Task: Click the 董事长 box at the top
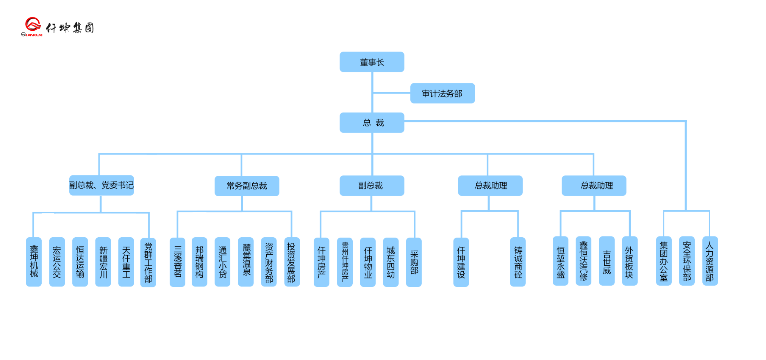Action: click(x=372, y=62)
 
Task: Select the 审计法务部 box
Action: click(x=442, y=93)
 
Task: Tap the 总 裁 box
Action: click(x=372, y=122)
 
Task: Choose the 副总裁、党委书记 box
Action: click(x=102, y=185)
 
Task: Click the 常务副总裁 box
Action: click(x=247, y=186)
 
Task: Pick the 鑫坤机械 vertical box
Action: click(x=34, y=261)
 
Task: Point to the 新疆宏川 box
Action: click(x=103, y=261)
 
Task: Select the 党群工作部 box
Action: click(x=148, y=262)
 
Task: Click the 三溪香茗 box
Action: click(x=177, y=262)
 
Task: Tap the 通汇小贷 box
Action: click(x=222, y=261)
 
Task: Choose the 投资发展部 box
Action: click(x=292, y=261)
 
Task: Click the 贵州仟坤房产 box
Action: click(x=345, y=262)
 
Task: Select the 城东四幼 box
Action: click(x=391, y=262)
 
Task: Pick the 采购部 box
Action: click(x=414, y=262)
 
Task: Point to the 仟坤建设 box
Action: click(x=461, y=262)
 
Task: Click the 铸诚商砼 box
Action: click(x=518, y=261)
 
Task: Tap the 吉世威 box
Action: click(x=607, y=261)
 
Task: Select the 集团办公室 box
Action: click(x=664, y=261)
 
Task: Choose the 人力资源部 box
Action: click(x=710, y=261)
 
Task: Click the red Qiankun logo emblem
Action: click(x=32, y=25)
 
